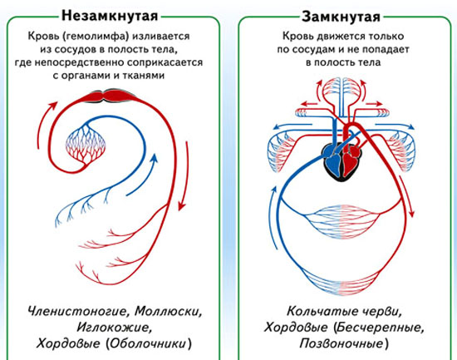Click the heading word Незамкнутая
(110, 16)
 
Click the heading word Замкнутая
(341, 17)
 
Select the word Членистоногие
(78, 311)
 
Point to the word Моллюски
(169, 311)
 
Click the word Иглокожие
(115, 328)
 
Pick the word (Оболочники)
(149, 343)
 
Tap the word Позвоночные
(344, 343)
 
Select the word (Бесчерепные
(379, 328)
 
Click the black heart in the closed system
(341, 161)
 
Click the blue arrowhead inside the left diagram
(154, 159)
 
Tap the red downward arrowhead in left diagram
(182, 205)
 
